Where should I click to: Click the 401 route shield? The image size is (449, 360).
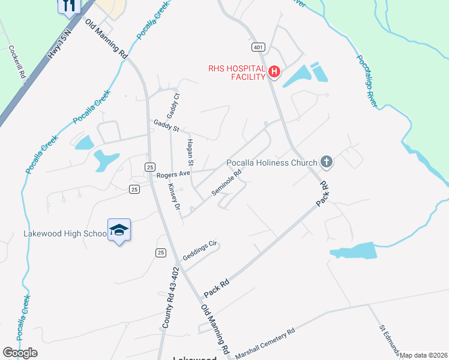(258, 47)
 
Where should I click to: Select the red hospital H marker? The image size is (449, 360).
(274, 72)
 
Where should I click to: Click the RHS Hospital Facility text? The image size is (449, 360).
(237, 73)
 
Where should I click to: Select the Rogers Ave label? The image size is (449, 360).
(173, 174)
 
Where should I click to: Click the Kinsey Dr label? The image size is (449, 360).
(174, 196)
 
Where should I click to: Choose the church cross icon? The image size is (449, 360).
(326, 161)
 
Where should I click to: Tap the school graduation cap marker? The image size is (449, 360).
(119, 230)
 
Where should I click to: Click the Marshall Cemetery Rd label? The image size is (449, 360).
(265, 341)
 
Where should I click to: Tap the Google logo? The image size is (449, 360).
(20, 353)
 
